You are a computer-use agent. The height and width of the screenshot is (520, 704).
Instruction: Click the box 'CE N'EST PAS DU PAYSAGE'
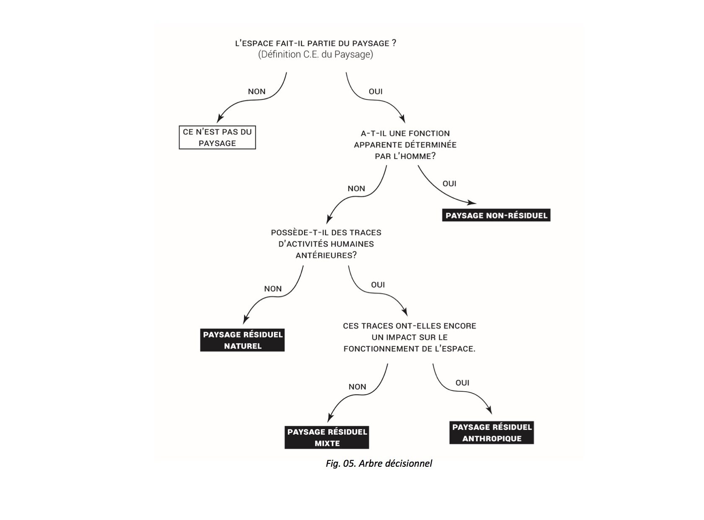click(217, 138)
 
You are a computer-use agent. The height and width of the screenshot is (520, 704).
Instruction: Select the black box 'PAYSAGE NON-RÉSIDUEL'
click(496, 216)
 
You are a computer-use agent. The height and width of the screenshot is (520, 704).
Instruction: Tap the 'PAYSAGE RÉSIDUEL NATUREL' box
click(243, 340)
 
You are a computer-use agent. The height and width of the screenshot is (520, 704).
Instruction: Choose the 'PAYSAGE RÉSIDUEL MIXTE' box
click(327, 437)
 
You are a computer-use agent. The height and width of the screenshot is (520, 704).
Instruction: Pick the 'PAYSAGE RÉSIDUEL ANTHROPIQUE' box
click(492, 433)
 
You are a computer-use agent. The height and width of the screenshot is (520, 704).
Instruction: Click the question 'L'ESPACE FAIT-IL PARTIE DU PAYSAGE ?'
click(316, 43)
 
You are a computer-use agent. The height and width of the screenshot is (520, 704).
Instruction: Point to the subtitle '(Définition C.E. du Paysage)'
click(316, 55)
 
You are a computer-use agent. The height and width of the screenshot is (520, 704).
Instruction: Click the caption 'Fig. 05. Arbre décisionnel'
click(379, 463)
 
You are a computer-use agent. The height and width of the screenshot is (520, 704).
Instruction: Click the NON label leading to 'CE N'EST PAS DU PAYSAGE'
click(256, 91)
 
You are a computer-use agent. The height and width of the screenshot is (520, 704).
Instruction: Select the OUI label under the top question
click(375, 91)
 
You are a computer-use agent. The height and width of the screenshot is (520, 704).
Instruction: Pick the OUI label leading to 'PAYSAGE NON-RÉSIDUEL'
click(449, 184)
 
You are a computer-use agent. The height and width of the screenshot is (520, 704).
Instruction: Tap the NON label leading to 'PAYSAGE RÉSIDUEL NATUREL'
click(273, 289)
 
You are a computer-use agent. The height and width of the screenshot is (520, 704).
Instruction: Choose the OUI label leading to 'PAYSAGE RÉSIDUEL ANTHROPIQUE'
click(462, 383)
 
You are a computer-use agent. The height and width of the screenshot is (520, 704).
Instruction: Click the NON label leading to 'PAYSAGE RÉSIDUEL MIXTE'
click(357, 387)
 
